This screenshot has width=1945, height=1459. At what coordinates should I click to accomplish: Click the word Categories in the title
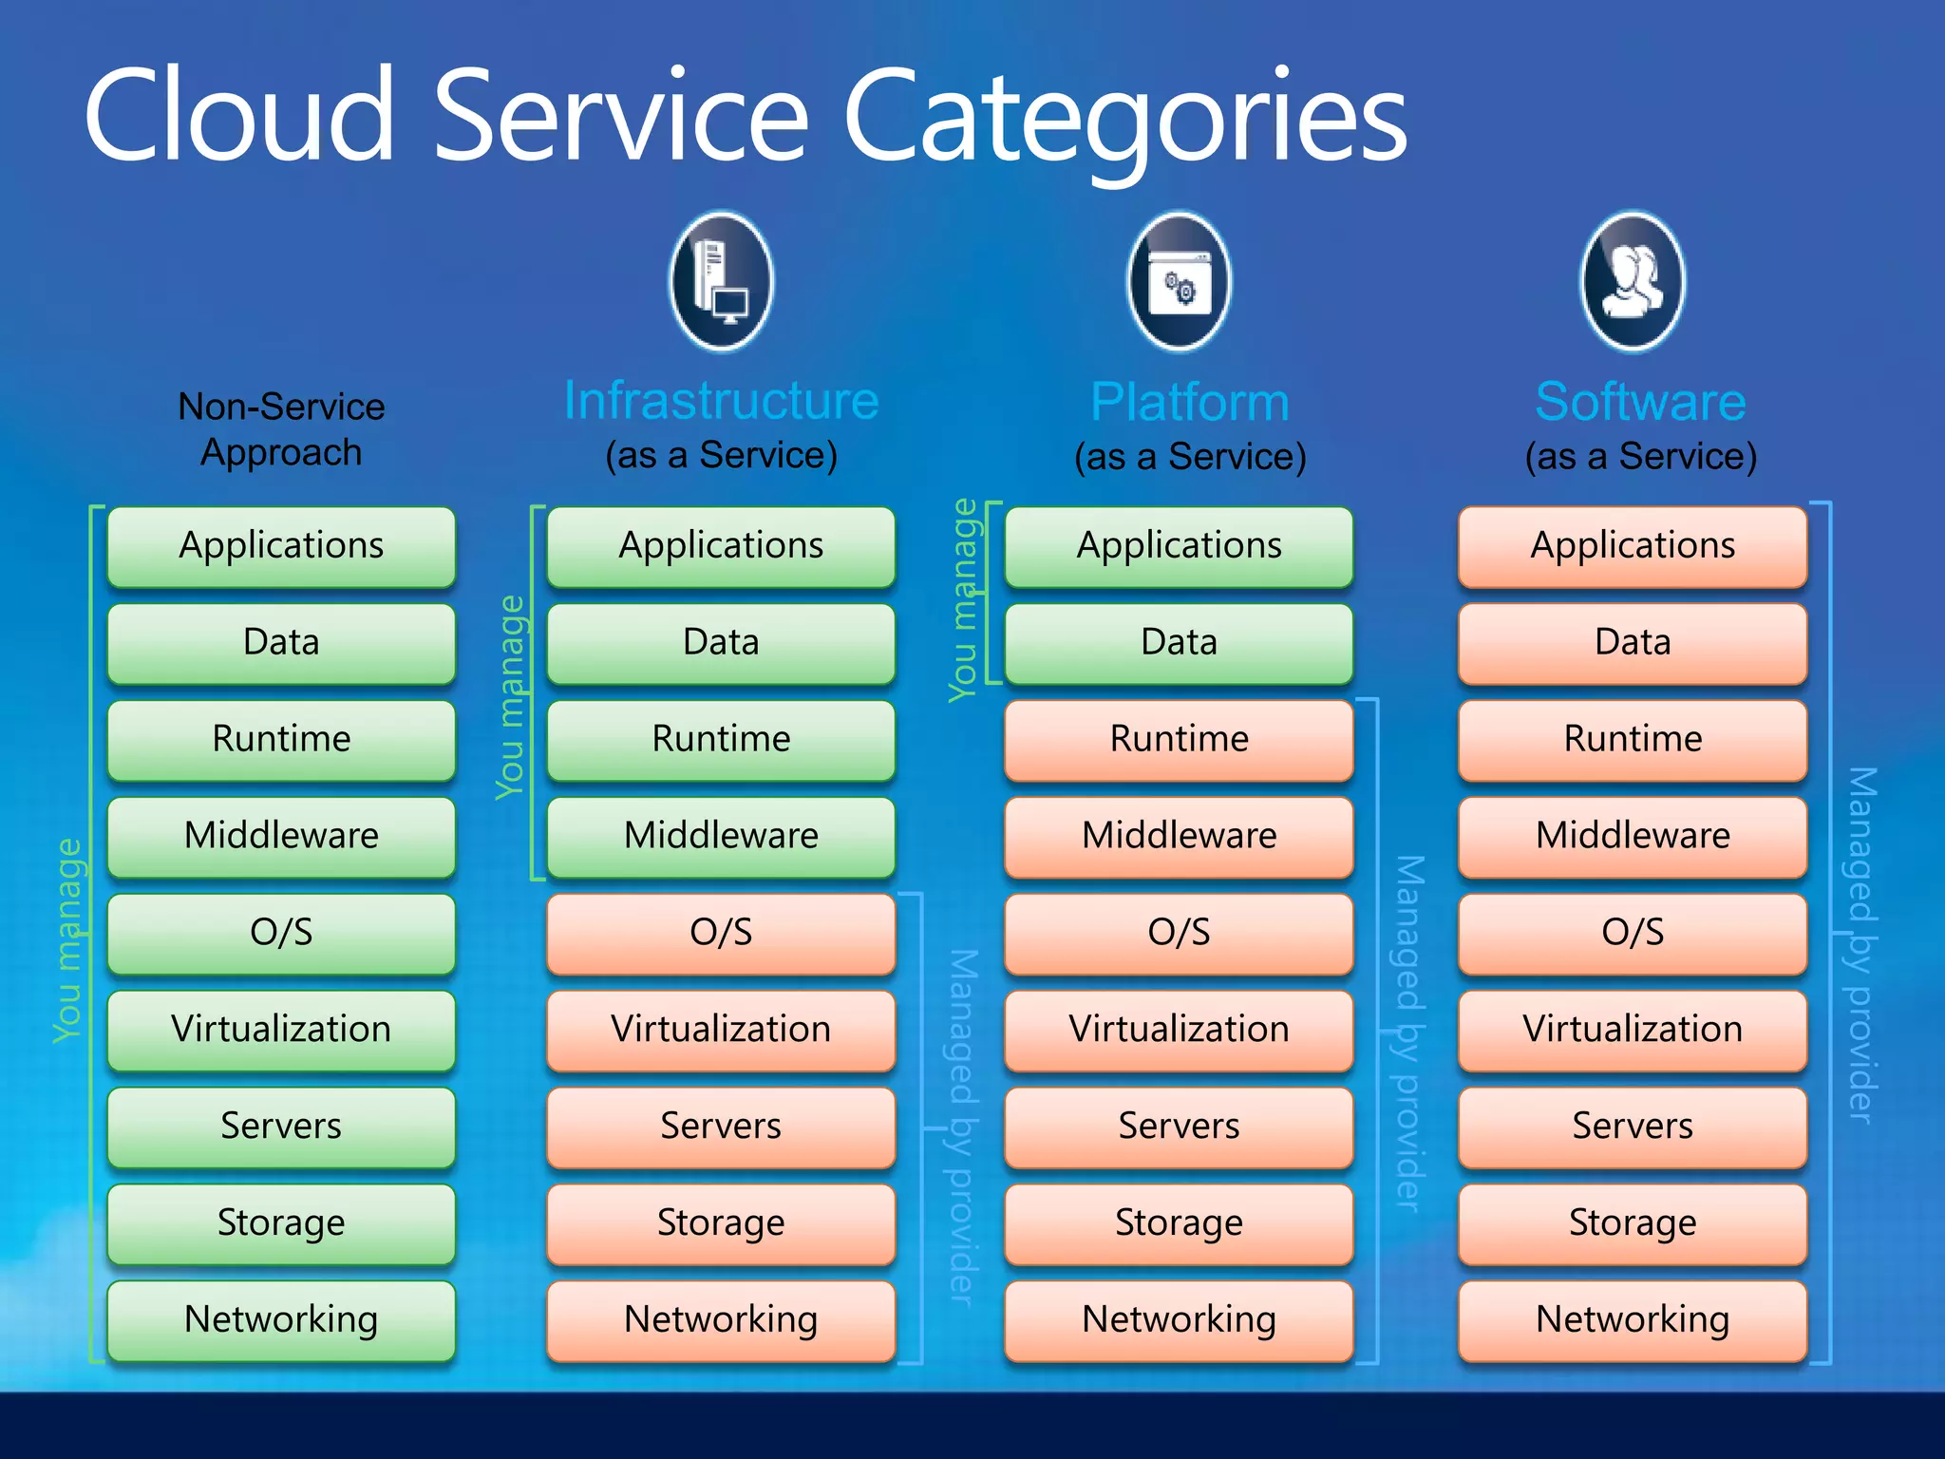(x=1124, y=119)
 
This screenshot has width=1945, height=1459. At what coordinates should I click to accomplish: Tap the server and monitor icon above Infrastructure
(x=722, y=281)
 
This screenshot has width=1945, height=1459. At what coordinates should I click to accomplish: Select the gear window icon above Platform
(x=1179, y=281)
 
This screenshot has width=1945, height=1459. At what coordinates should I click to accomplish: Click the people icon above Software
(x=1633, y=281)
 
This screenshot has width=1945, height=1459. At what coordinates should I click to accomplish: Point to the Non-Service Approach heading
(x=281, y=429)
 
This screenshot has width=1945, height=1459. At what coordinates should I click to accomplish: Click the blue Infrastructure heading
(x=722, y=401)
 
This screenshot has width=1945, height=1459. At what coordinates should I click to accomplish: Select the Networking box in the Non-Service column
(x=281, y=1319)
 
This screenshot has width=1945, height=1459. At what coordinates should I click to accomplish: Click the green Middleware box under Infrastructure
(x=721, y=836)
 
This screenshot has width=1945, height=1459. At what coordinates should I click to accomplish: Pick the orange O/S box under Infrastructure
(x=721, y=933)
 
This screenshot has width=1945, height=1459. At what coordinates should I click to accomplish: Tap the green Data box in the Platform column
(x=1179, y=643)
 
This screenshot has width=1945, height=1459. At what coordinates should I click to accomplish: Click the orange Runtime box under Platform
(x=1179, y=740)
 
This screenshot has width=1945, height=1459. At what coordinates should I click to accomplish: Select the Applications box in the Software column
(x=1633, y=546)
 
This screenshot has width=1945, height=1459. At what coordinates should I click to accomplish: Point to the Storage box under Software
(x=1633, y=1222)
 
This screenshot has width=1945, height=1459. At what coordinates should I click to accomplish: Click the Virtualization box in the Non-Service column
(x=281, y=1030)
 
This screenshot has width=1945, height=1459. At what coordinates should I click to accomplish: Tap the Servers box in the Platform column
(x=1179, y=1127)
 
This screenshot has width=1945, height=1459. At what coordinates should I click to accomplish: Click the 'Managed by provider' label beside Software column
(x=1861, y=945)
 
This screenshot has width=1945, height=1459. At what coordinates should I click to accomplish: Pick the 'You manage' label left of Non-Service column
(x=68, y=940)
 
